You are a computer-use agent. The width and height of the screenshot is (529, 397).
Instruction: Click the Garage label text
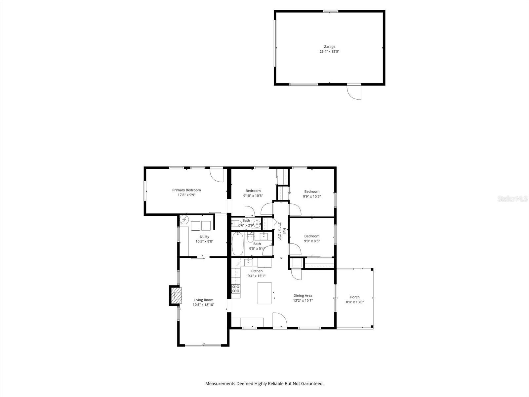(329, 47)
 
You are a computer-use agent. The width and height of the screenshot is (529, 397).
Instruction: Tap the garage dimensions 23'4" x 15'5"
(329, 51)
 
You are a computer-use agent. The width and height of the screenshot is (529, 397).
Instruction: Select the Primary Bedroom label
(186, 190)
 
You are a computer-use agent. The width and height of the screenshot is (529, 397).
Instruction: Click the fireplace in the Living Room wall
(175, 295)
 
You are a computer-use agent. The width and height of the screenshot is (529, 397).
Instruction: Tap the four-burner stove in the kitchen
(236, 288)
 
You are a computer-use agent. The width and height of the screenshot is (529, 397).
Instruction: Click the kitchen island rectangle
(264, 293)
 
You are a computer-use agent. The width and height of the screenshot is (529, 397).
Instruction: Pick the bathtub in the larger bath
(238, 243)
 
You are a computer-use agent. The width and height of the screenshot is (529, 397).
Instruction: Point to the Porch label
(355, 297)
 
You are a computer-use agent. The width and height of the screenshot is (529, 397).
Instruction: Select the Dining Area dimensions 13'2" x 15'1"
(303, 300)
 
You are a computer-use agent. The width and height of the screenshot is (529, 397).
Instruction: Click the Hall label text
(284, 231)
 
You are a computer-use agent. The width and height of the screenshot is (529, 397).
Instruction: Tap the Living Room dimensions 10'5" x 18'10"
(203, 305)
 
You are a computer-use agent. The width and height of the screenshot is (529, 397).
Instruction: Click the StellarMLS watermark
(512, 198)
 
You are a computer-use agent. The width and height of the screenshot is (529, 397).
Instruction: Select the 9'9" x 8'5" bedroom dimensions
(312, 241)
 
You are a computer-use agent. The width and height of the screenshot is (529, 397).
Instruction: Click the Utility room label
(204, 237)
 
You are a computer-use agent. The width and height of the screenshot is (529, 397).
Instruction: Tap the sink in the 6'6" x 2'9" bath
(257, 224)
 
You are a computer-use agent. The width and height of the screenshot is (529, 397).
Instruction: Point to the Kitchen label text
(257, 271)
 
